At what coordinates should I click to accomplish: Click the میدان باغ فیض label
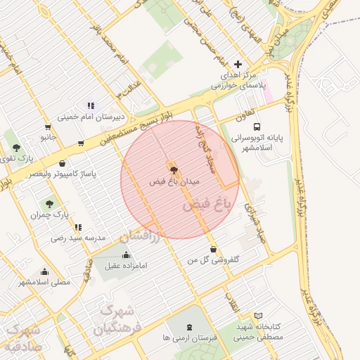point(175,181)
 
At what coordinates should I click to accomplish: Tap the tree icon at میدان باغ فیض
point(173,169)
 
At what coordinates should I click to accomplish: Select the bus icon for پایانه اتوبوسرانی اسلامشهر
point(257,127)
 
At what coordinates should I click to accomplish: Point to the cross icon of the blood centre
point(238,64)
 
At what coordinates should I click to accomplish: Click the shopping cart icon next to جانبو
point(47,127)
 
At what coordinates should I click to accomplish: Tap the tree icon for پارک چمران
point(49,204)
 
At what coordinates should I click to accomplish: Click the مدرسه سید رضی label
point(78,238)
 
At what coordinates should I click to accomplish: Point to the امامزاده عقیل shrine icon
point(126,255)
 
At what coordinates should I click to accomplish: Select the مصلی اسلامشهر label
point(45,282)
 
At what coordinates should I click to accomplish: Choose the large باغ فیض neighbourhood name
point(207,205)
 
